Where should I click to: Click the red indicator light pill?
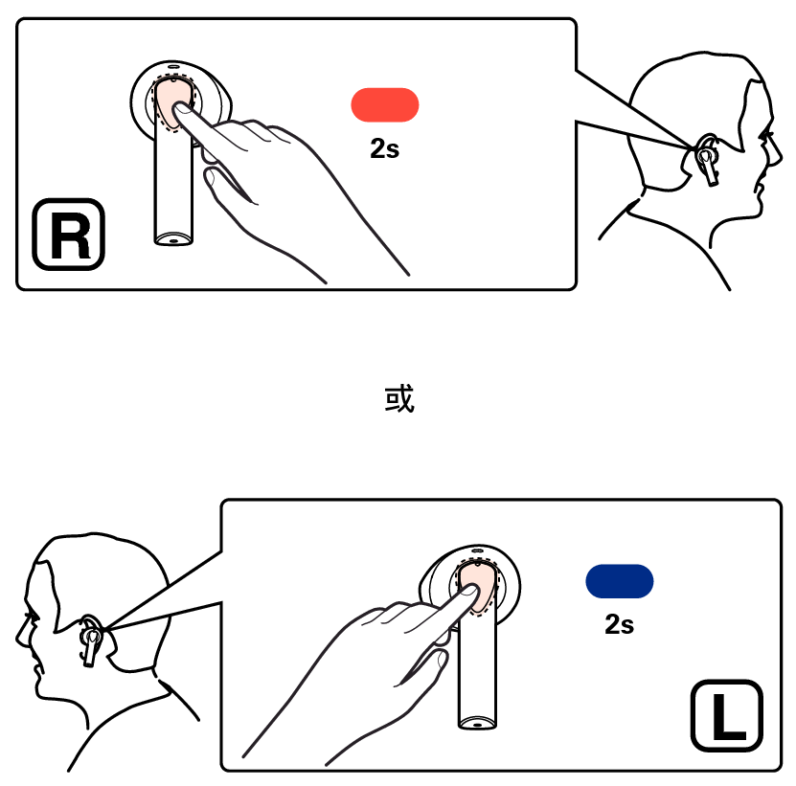pos(385,105)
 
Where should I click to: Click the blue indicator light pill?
pos(620,581)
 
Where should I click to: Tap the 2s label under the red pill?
pos(385,148)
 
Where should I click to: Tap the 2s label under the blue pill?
pos(620,624)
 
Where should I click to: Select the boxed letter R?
pos(69,235)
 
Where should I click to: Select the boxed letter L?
pos(727,715)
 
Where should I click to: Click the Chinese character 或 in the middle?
pos(399,399)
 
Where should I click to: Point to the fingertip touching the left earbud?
pos(469,591)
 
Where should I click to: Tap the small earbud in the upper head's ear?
pos(707,160)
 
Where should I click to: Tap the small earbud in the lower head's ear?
pos(90,641)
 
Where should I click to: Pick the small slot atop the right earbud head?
pos(173,66)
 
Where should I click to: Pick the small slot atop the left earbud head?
pos(477,550)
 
